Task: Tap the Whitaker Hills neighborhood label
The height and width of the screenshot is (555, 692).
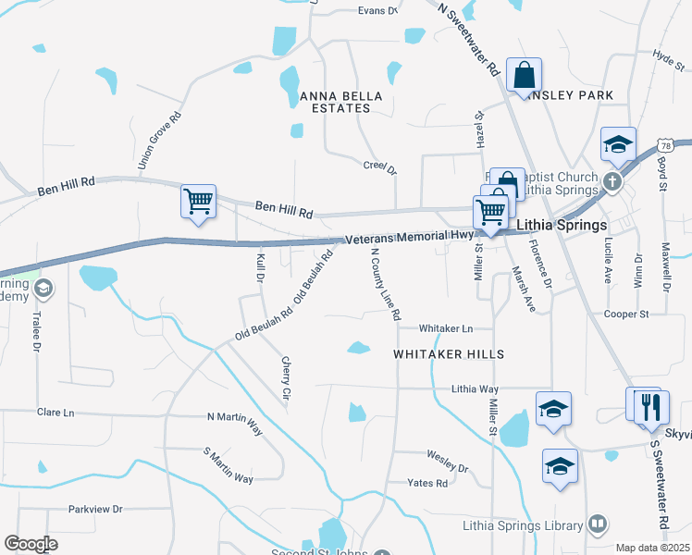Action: point(449,354)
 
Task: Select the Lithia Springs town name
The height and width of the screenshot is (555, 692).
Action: point(562,225)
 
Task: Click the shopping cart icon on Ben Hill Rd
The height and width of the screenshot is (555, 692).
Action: point(199,201)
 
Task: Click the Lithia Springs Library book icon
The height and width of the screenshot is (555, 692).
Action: point(598,525)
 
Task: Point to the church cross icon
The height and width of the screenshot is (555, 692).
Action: point(612,180)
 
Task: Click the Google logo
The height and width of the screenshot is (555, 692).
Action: point(31,544)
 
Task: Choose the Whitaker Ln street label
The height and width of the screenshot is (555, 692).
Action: point(445,328)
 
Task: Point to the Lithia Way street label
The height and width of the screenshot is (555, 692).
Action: point(475,390)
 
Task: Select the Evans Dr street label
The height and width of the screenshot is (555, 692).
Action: point(377,11)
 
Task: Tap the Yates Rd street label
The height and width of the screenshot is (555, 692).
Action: point(428,483)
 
